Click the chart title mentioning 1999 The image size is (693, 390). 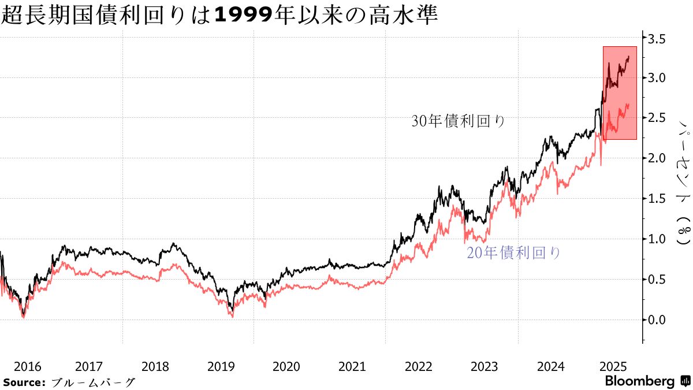[x=219, y=15]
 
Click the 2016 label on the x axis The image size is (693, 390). [x=28, y=366]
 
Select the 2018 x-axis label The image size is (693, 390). [x=155, y=366]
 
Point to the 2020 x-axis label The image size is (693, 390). [x=286, y=366]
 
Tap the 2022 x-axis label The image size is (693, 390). [x=418, y=366]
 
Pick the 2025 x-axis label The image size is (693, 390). [x=612, y=366]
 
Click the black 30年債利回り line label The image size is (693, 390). [x=459, y=121]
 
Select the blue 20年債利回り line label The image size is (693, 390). [x=513, y=252]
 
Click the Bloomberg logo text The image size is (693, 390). [x=640, y=381]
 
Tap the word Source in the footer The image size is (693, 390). [x=24, y=382]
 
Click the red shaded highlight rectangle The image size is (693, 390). [x=620, y=92]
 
